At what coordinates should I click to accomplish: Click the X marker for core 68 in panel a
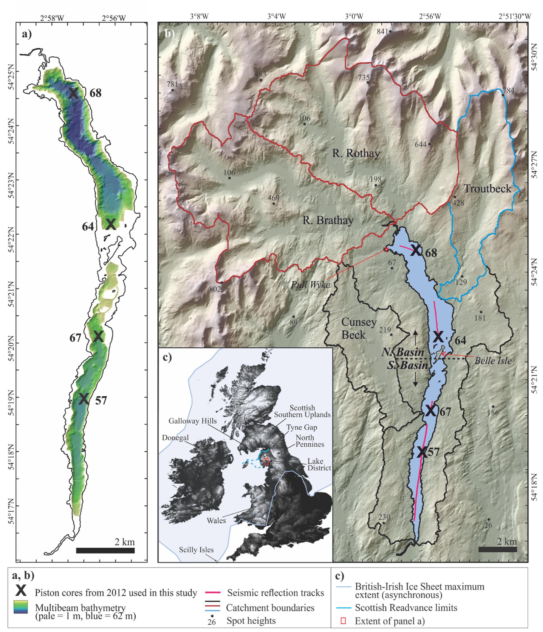point(73,93)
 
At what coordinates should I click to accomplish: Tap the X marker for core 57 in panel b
point(422,452)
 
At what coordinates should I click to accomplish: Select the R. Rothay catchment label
point(356,153)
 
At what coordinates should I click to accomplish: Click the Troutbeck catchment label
point(487,189)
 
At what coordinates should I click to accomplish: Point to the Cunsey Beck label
point(359,329)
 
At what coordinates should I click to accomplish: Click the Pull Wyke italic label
point(310,284)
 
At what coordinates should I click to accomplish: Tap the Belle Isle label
point(493,361)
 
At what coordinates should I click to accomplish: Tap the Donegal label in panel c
point(175,438)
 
